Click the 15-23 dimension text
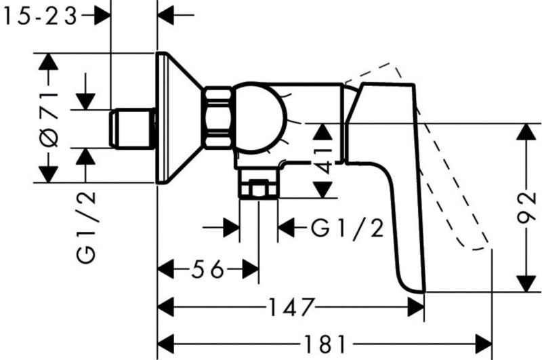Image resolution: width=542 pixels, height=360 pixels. (x=40, y=16)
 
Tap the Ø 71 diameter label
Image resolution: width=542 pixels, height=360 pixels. (x=49, y=119)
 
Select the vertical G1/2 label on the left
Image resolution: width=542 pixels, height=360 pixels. (x=85, y=228)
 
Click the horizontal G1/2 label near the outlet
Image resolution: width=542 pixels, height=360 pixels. (x=347, y=228)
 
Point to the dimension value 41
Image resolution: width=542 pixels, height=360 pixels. (x=324, y=161)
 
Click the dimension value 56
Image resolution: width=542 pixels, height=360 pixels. (x=208, y=269)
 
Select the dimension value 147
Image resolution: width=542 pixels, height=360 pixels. (x=291, y=307)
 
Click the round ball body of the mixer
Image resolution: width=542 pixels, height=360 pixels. (x=259, y=117)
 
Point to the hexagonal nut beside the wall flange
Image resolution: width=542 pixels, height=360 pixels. (x=217, y=117)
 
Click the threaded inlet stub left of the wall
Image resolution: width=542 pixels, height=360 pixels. (x=132, y=128)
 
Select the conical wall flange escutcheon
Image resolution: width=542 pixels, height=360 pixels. (x=178, y=117)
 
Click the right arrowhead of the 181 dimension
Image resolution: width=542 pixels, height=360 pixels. (x=484, y=344)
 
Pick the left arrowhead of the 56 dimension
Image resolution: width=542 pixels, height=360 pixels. (x=165, y=269)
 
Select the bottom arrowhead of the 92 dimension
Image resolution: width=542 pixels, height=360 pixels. (x=526, y=283)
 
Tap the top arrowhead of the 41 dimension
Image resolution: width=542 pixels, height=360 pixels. (x=322, y=132)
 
